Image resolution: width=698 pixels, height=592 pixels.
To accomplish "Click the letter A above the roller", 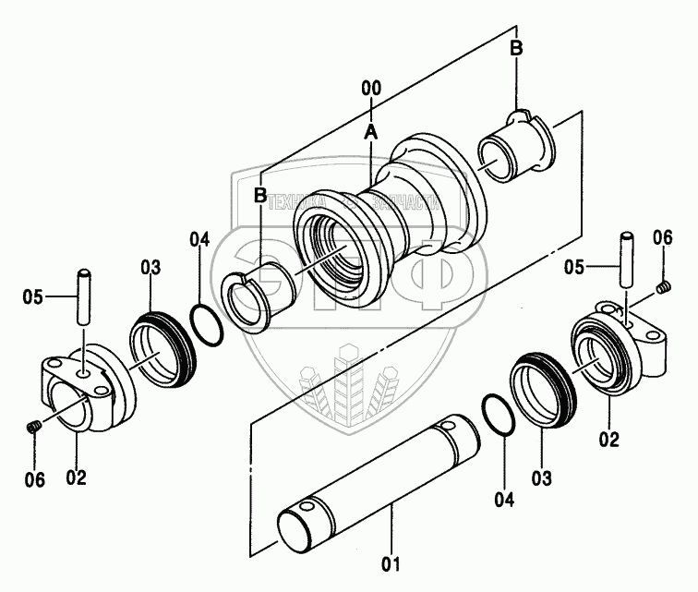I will [x=370, y=132].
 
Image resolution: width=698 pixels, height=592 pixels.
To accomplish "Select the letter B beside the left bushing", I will [x=260, y=195].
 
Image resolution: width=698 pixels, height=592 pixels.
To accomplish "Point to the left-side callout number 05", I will [x=33, y=296].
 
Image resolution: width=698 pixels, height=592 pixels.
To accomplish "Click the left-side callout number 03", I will [x=150, y=268].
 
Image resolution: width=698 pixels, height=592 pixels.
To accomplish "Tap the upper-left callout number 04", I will [x=199, y=241].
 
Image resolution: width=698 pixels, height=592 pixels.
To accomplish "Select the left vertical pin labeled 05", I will [x=84, y=295].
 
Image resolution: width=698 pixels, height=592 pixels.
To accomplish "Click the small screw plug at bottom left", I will [x=33, y=427].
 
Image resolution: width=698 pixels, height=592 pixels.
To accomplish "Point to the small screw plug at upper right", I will [x=663, y=291].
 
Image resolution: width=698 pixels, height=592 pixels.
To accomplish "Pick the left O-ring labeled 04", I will [x=206, y=323].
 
